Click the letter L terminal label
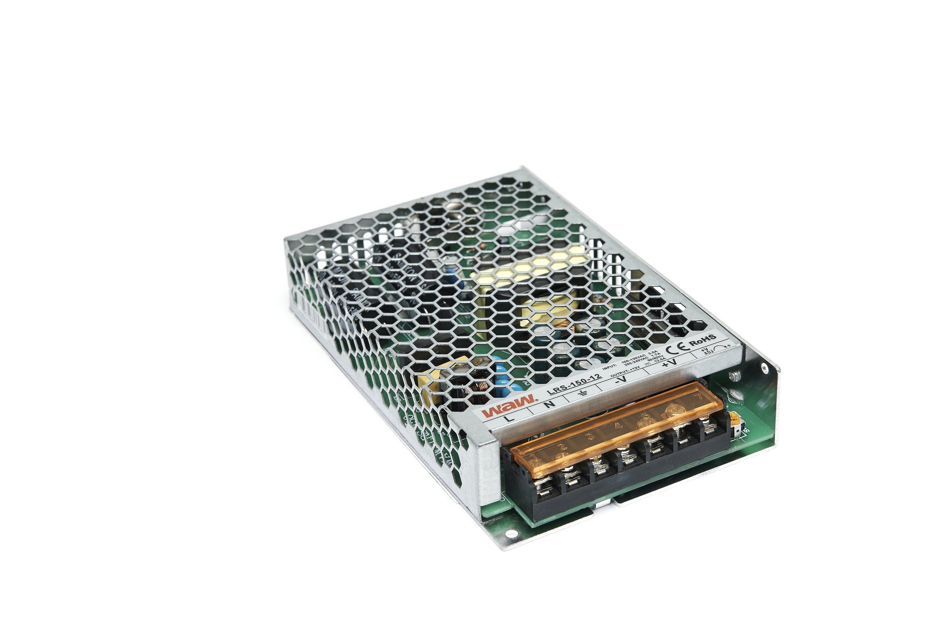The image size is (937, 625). coord(506,418)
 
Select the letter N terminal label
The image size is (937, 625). coord(549,404)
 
